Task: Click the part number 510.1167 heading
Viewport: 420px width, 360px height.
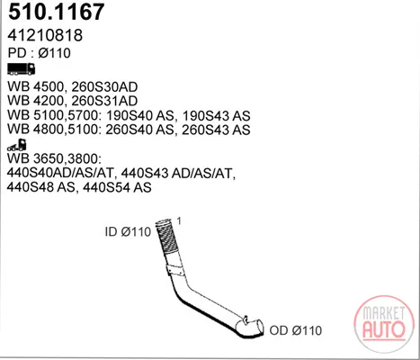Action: tap(57, 12)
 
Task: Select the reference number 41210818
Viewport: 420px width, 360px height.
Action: tap(45, 35)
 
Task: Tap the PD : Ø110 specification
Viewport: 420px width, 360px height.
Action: tap(40, 53)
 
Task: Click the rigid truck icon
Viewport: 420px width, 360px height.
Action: tap(22, 68)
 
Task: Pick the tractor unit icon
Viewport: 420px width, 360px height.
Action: tap(17, 145)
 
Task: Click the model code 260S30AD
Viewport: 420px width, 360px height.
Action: tap(104, 87)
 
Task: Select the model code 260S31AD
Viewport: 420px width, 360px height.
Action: tap(104, 101)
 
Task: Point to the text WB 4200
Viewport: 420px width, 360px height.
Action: tap(35, 101)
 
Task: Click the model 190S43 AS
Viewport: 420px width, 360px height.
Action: tap(216, 115)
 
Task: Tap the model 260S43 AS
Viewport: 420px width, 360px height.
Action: tap(216, 130)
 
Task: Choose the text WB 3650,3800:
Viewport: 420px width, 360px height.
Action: tap(53, 158)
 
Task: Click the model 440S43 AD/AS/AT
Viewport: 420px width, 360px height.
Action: tap(178, 173)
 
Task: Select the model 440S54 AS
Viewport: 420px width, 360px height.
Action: tap(117, 187)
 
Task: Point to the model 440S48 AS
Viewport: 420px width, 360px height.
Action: tap(40, 187)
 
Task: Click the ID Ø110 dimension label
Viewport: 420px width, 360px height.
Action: tap(128, 232)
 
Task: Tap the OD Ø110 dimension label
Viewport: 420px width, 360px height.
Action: tap(296, 330)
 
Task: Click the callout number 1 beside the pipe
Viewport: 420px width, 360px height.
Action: tap(179, 221)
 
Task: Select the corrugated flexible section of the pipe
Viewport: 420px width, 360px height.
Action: tap(167, 237)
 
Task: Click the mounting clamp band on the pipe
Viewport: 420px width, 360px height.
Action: tap(175, 269)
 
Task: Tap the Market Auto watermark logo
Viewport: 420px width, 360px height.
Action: tap(384, 323)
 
